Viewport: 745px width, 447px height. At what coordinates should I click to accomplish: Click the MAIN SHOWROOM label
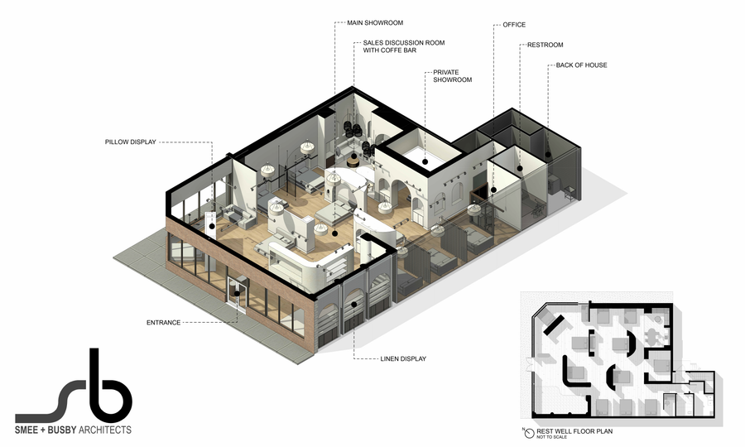[375, 23]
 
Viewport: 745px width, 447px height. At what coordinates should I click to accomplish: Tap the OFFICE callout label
[514, 25]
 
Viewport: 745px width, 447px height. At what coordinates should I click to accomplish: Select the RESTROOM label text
[545, 45]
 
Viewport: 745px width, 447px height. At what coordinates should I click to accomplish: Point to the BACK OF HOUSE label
[582, 65]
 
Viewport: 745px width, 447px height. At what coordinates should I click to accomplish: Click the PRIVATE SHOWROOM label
[452, 76]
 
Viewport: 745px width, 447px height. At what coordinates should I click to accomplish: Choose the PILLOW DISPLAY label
[131, 142]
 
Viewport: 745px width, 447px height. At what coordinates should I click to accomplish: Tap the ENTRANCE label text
[163, 323]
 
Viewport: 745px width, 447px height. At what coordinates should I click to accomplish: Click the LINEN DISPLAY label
[403, 358]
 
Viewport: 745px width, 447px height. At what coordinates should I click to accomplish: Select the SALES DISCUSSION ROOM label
[404, 46]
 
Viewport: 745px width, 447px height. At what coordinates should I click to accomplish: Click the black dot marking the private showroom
[425, 162]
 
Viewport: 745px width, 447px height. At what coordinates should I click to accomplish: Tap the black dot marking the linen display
[354, 305]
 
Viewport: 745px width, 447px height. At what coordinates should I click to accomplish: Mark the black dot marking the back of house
[548, 155]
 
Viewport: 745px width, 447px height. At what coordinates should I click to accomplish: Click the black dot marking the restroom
[521, 168]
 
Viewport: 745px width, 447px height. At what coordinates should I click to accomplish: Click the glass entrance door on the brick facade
[237, 295]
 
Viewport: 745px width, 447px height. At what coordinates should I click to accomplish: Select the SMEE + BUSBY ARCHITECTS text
[73, 430]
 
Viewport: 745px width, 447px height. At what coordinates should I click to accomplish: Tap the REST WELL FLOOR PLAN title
[574, 431]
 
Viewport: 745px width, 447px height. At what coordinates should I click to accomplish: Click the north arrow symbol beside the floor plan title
[529, 433]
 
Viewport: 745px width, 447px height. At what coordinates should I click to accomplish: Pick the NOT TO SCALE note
[551, 437]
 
